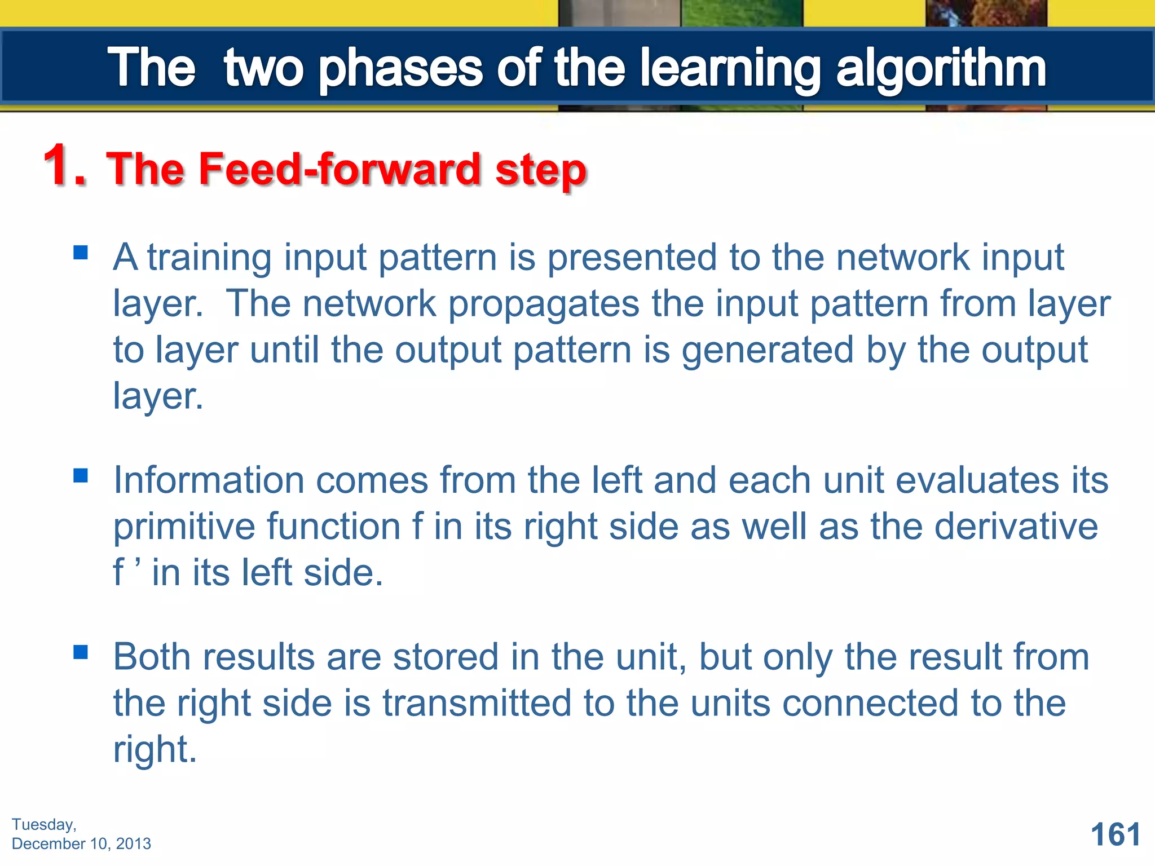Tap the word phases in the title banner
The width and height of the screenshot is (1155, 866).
click(400, 69)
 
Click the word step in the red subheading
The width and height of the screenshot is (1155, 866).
click(541, 170)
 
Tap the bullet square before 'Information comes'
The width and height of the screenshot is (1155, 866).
click(81, 476)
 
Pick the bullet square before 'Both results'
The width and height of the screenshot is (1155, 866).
click(81, 652)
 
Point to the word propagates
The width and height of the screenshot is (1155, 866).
click(544, 305)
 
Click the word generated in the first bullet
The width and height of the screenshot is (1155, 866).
click(767, 351)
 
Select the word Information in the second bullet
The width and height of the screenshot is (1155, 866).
click(209, 480)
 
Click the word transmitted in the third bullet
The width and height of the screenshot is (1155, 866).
click(477, 704)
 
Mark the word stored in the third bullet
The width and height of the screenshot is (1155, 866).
click(446, 657)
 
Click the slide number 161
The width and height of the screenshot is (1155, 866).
click(1115, 834)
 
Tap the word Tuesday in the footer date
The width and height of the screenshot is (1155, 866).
click(43, 824)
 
